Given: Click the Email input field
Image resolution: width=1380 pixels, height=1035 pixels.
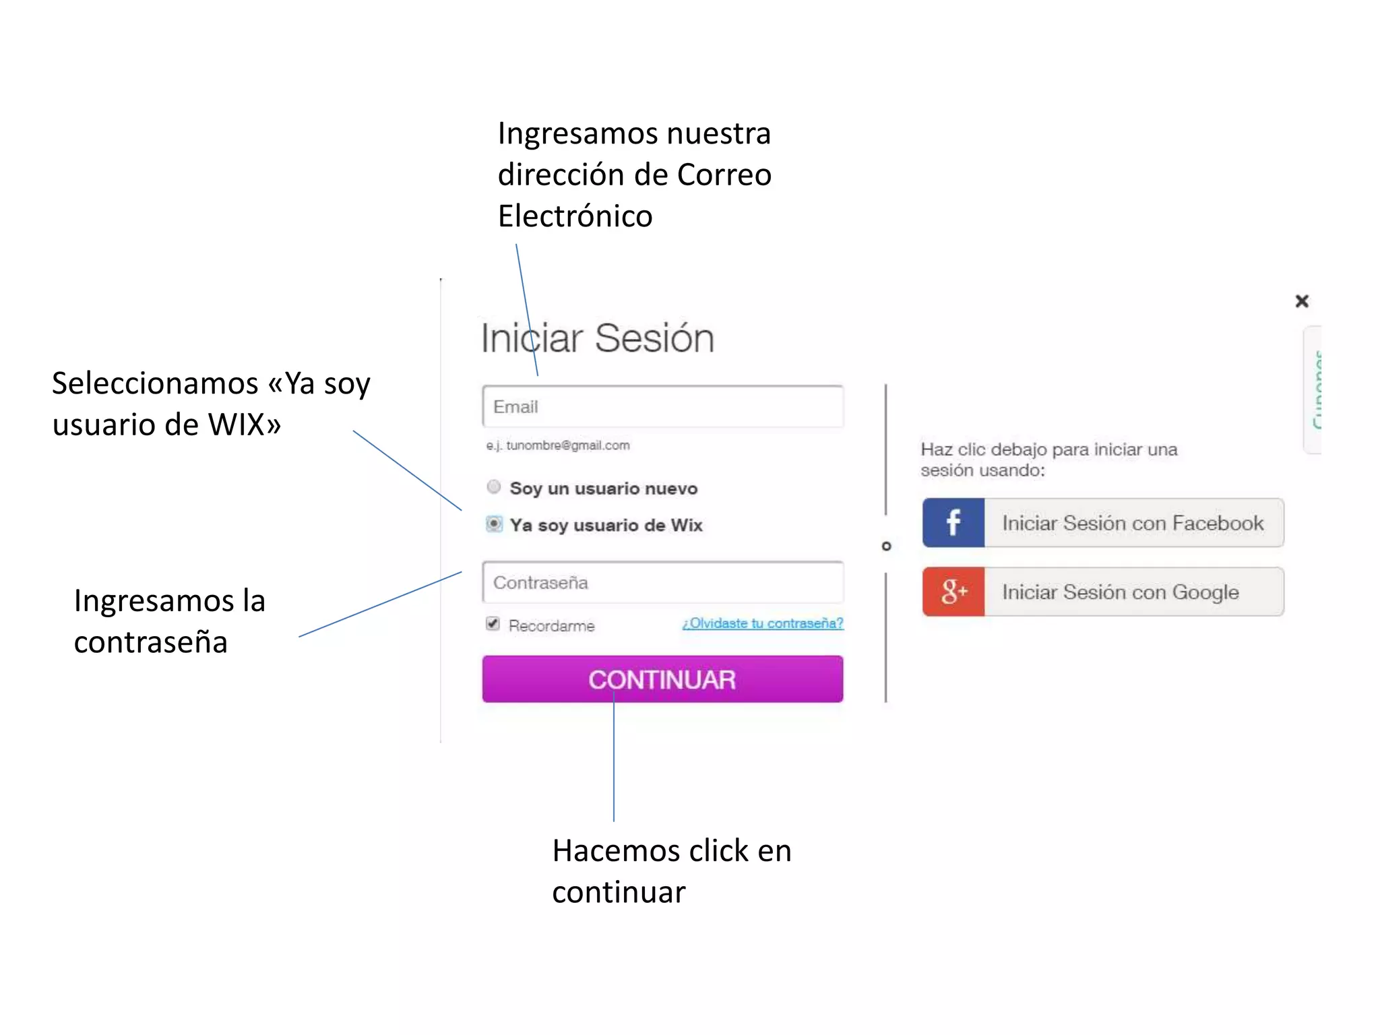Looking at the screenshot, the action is (x=662, y=406).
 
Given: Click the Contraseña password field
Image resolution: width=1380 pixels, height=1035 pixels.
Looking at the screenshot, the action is (x=662, y=582).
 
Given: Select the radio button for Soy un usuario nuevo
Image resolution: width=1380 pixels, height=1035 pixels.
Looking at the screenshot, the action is (x=494, y=487).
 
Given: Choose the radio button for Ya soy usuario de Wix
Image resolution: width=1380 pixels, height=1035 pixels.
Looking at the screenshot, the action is (x=494, y=524).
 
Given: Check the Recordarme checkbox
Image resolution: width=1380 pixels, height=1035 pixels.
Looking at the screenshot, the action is (x=493, y=623).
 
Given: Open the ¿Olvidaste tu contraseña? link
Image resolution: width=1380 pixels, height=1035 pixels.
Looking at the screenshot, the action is (x=762, y=623).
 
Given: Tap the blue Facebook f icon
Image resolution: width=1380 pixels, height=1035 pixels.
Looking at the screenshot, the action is (x=953, y=523).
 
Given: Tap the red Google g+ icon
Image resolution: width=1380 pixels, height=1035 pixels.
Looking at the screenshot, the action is (x=953, y=592).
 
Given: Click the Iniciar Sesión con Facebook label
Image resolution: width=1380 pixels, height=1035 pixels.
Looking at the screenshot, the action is (x=1132, y=523).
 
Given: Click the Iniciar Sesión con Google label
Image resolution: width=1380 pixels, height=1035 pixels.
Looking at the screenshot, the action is (x=1120, y=592).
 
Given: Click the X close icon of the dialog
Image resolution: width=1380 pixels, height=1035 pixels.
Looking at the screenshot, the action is (x=1301, y=301).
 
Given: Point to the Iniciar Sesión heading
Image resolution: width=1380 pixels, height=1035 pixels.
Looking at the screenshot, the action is (x=597, y=338).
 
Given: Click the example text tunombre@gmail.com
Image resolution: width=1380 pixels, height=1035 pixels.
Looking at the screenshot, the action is (x=567, y=445).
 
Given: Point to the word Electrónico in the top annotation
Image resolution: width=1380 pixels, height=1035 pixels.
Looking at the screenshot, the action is (x=575, y=216).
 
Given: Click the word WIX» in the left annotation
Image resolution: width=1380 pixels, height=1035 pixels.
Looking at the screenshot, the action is (x=244, y=425).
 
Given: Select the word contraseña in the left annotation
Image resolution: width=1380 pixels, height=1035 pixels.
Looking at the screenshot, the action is (x=150, y=642).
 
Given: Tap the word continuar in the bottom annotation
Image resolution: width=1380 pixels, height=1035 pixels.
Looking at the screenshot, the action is (x=619, y=892).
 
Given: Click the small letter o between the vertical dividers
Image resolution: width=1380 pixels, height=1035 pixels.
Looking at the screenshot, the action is (x=886, y=546).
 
